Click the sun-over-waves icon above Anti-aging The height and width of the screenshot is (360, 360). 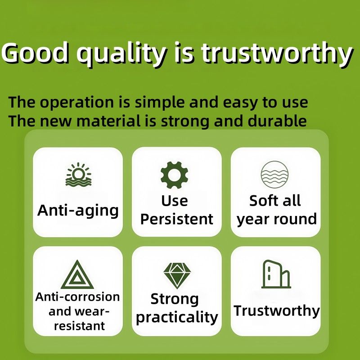tap(78, 174)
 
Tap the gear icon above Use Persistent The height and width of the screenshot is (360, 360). tap(174, 175)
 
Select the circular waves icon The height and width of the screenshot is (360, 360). tap(274, 175)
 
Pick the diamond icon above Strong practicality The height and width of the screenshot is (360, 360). tap(177, 275)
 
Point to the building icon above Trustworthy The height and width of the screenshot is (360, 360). tap(276, 274)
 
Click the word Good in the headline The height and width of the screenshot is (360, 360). tap(36, 53)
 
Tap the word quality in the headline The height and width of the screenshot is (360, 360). tap(121, 54)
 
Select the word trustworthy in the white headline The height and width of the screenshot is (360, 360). tap(277, 54)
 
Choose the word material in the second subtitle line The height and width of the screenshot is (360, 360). tap(108, 121)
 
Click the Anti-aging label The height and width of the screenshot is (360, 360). tap(78, 211)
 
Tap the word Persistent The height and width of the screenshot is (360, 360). tap(176, 219)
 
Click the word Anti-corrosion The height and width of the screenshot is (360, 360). tap(77, 297)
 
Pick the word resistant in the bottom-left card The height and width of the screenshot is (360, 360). tap(80, 326)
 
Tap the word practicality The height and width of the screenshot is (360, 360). tap(177, 318)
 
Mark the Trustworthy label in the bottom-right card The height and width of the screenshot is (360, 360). tap(276, 311)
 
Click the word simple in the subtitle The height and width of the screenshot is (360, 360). tap(160, 103)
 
